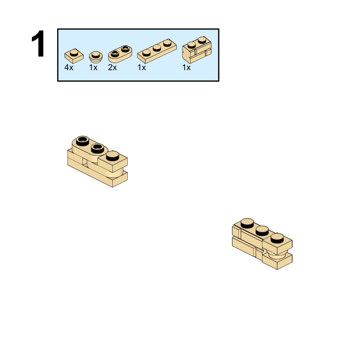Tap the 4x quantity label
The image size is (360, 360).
69,67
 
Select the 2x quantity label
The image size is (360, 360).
112,67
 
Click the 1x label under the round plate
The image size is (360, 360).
93,67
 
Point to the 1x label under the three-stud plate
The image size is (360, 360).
142,67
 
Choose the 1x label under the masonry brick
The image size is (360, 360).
186,67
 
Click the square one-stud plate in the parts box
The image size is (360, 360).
74,56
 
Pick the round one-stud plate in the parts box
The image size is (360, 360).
96,57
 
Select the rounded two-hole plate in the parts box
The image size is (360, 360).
120,54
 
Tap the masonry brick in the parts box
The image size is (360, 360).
197,50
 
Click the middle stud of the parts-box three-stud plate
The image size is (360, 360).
157,48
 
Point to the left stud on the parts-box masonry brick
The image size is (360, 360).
191,45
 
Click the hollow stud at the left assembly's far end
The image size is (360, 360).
82,141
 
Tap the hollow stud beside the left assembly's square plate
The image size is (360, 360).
97,148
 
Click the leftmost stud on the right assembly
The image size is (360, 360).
247,223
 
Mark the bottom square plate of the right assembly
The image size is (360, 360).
277,261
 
